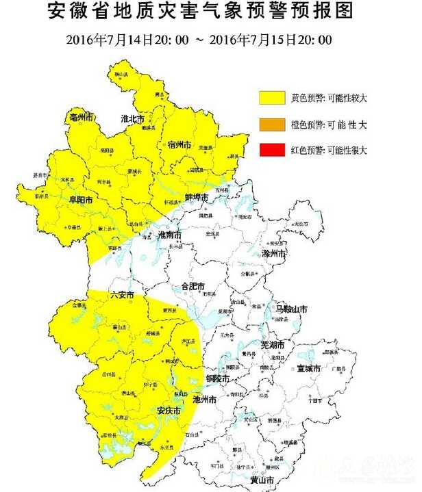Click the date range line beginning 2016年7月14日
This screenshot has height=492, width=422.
point(199,40)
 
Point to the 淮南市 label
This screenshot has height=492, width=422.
point(169,235)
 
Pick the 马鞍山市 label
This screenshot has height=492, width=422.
point(291,309)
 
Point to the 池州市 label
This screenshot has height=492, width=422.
point(206,399)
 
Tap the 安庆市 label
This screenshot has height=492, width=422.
point(169,411)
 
